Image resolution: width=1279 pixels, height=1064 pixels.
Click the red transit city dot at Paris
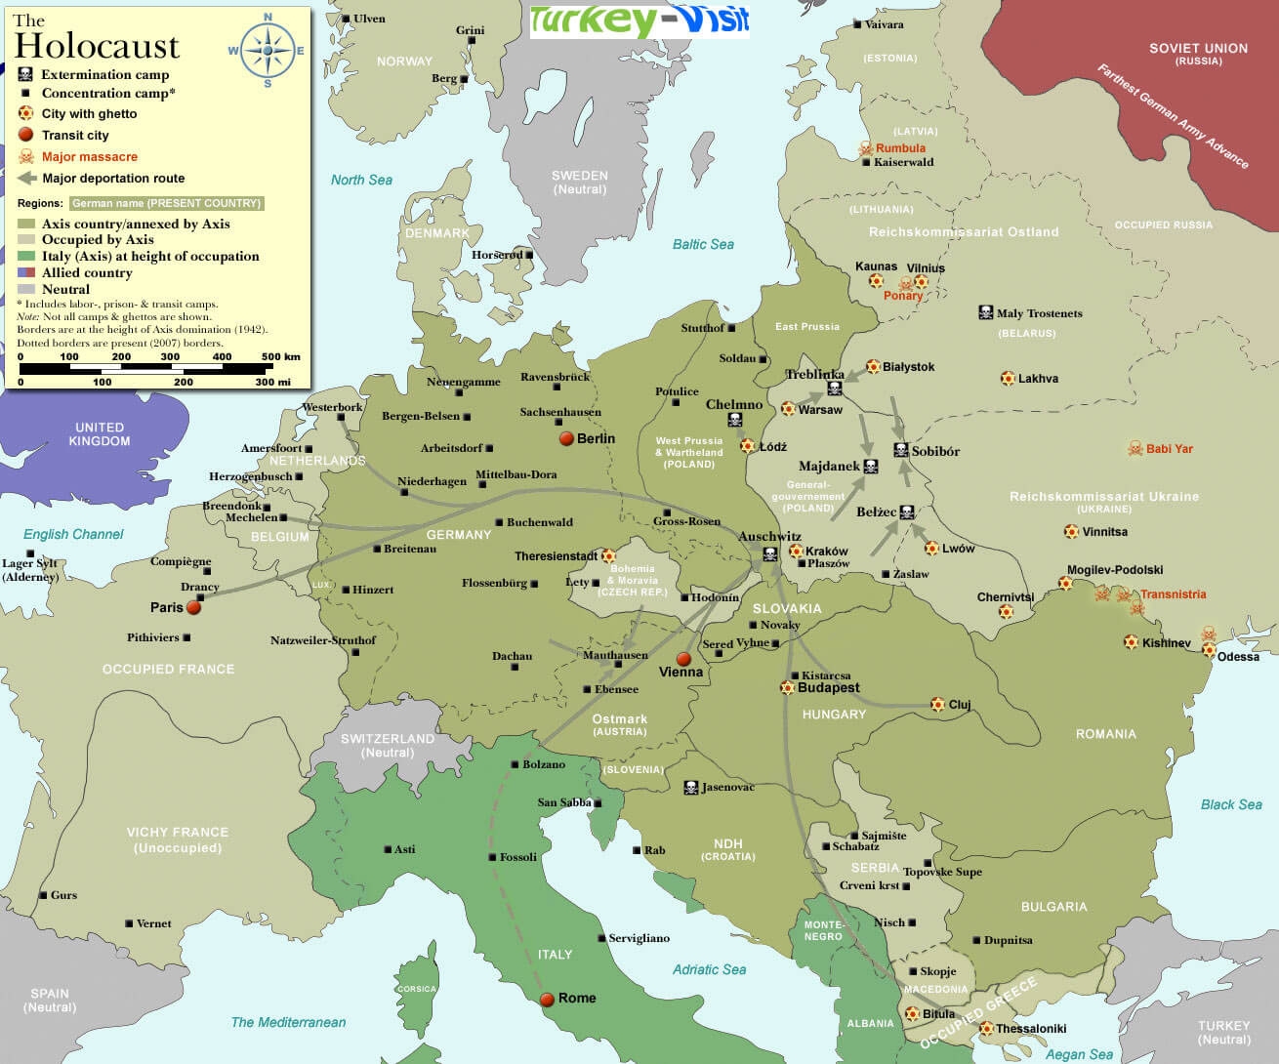click(193, 607)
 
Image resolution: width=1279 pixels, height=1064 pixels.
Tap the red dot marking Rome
click(548, 999)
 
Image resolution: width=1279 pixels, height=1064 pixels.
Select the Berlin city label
click(596, 438)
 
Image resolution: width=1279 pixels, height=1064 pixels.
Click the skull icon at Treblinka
click(835, 389)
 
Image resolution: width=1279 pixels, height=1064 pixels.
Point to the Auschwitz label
click(769, 536)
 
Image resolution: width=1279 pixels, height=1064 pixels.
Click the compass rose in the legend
click(268, 51)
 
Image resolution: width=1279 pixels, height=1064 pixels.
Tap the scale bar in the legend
click(159, 369)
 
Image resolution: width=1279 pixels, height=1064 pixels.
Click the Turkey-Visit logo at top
click(639, 20)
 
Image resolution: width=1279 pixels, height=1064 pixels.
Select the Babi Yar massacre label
click(1169, 449)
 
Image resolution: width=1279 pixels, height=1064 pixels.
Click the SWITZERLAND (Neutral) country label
click(388, 745)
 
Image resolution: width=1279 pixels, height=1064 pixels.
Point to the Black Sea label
click(1230, 804)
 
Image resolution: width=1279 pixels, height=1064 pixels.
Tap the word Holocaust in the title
click(97, 46)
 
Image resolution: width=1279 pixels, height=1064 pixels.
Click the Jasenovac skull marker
click(690, 787)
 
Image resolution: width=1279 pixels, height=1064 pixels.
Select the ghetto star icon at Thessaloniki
click(986, 1028)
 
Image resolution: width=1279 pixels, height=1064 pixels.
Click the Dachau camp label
click(512, 656)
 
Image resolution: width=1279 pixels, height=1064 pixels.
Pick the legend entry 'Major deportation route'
click(112, 179)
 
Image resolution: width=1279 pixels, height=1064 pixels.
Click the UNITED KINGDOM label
click(100, 433)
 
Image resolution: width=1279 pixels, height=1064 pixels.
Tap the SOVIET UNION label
click(1198, 48)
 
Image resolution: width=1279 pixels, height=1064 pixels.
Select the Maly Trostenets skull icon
click(985, 312)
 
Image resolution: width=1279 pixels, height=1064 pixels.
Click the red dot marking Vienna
click(683, 659)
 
